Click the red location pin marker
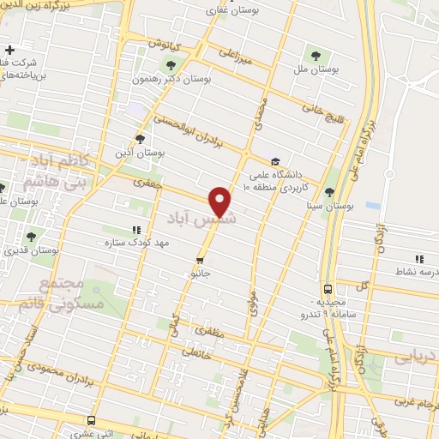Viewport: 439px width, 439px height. point(221,201)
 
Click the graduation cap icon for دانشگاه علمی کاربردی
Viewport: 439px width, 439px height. point(274,161)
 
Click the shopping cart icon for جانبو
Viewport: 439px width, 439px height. point(200,261)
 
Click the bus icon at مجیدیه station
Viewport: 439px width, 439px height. point(328,289)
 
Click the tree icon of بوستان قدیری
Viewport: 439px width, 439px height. point(32,235)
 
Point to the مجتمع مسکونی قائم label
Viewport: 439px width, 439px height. point(70,293)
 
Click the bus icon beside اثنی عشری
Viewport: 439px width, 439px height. point(91,420)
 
